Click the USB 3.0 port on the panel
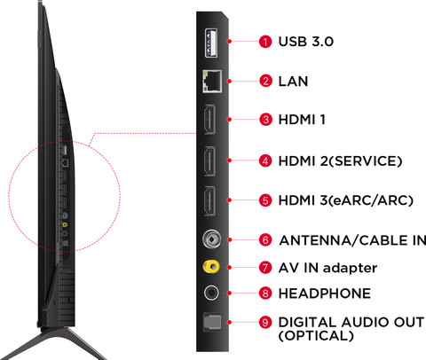point(211,43)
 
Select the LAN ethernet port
point(212,82)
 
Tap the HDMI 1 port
point(209,120)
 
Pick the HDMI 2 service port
point(209,160)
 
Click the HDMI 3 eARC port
point(209,200)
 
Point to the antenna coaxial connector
point(212,239)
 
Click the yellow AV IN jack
point(211,267)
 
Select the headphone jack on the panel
point(211,293)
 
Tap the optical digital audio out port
point(212,322)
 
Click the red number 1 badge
point(265,42)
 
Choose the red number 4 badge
point(265,161)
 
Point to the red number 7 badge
point(265,268)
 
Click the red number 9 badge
point(265,322)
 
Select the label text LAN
point(293,82)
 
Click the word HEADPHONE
point(325,293)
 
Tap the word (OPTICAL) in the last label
point(316,336)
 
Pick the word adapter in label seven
point(351,269)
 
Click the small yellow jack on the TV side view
point(65,225)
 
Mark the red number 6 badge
point(265,240)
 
